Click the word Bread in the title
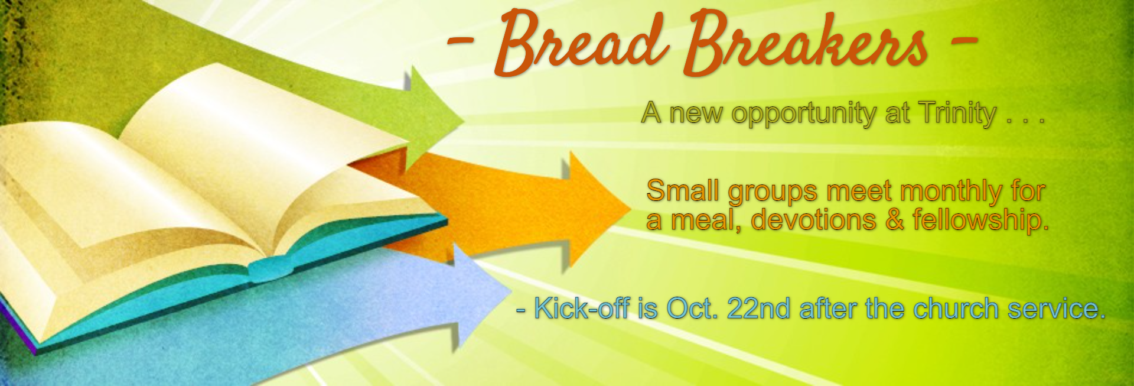tap(582, 43)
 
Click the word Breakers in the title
tap(806, 43)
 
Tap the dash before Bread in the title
tap(461, 41)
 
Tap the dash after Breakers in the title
tap(964, 41)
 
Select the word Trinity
tap(957, 113)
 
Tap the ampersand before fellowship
tap(895, 220)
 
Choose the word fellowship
tap(980, 220)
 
